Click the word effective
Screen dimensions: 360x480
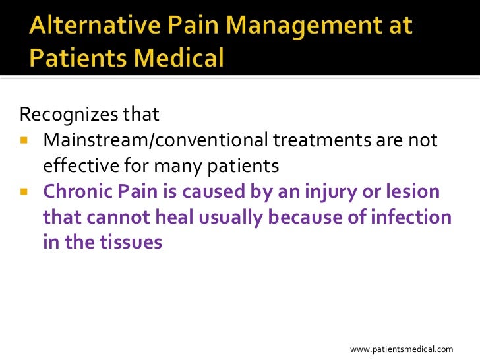tap(77, 166)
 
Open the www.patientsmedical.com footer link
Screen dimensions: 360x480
tap(402, 349)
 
